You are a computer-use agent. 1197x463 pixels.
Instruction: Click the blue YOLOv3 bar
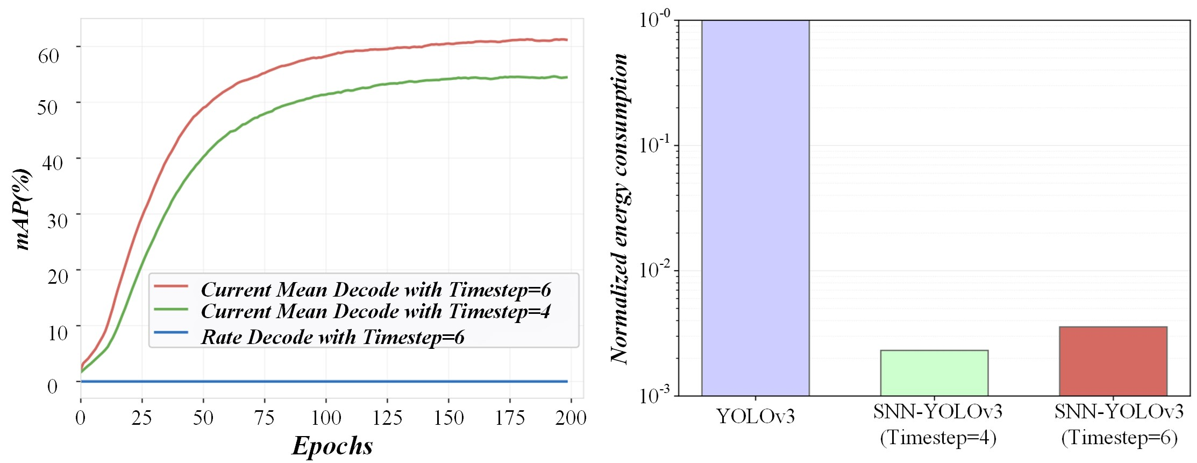pyautogui.click(x=755, y=208)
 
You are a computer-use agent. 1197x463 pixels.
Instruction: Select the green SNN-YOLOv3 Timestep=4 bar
pyautogui.click(x=934, y=373)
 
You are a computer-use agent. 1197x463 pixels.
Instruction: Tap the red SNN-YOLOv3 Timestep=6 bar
pyautogui.click(x=1113, y=361)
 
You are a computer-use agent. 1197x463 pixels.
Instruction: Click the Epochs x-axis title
pyautogui.click(x=332, y=446)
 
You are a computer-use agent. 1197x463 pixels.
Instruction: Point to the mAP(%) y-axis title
pyautogui.click(x=23, y=209)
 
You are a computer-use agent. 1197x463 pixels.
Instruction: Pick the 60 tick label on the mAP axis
pyautogui.click(x=48, y=55)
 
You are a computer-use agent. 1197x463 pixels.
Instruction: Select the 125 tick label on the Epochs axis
pyautogui.click(x=387, y=418)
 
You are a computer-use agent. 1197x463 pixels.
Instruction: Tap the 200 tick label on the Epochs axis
pyautogui.click(x=571, y=418)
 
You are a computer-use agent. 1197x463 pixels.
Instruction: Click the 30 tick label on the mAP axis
pyautogui.click(x=57, y=221)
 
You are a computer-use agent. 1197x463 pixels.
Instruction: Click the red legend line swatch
pyautogui.click(x=171, y=286)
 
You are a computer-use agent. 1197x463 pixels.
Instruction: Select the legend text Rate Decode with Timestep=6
pyautogui.click(x=332, y=337)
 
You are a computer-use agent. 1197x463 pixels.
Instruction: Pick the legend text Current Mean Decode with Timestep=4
pyautogui.click(x=375, y=311)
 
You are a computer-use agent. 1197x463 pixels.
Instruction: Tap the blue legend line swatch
pyautogui.click(x=171, y=332)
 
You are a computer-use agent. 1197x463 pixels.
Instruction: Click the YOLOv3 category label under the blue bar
pyautogui.click(x=755, y=416)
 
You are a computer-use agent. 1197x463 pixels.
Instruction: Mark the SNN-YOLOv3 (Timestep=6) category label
pyautogui.click(x=1119, y=425)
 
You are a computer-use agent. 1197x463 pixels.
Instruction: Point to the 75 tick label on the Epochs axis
pyautogui.click(x=265, y=418)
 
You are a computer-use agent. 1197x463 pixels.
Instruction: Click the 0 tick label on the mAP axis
pyautogui.click(x=52, y=386)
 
